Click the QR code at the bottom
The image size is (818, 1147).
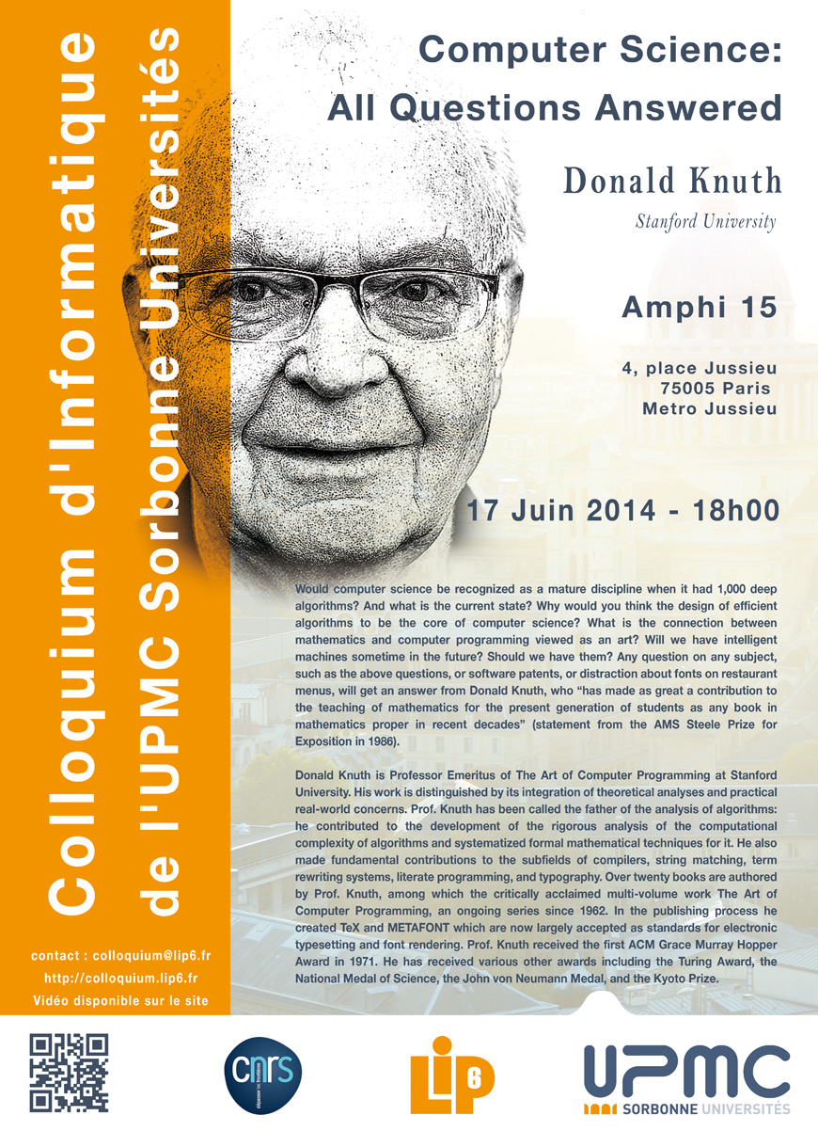pyautogui.click(x=70, y=1072)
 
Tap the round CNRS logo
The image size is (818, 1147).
pyautogui.click(x=263, y=1073)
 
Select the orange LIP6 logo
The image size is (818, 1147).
pyautogui.click(x=450, y=1074)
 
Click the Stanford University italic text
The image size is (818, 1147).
pyautogui.click(x=705, y=223)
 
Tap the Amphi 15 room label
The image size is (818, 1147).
pyautogui.click(x=700, y=308)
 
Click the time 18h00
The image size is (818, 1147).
pyautogui.click(x=735, y=511)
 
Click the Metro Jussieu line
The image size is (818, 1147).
pyautogui.click(x=709, y=408)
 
